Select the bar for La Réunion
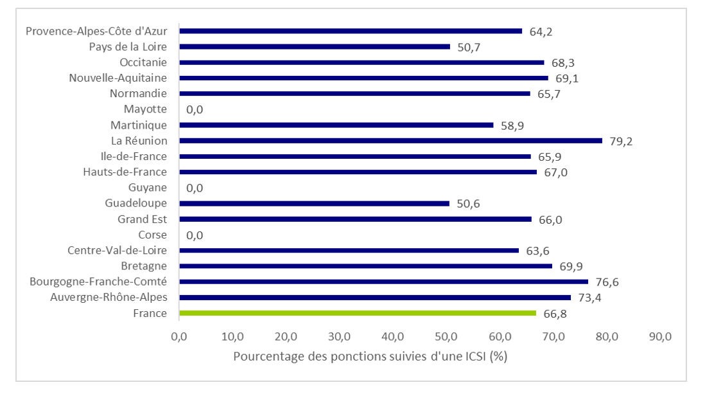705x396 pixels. (x=390, y=141)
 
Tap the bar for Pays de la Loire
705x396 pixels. (x=315, y=47)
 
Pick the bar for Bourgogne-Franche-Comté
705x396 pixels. (x=383, y=282)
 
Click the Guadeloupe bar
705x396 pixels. (x=314, y=203)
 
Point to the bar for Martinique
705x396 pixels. (x=336, y=125)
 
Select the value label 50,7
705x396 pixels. (x=469, y=47)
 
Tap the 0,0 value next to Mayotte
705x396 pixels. (x=195, y=110)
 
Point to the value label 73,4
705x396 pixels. (x=589, y=298)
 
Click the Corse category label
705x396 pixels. (x=152, y=235)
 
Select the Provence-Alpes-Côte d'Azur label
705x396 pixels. (x=97, y=31)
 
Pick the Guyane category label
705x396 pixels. (x=148, y=188)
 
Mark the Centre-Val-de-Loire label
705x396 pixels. (x=117, y=250)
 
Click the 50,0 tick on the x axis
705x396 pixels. (x=446, y=336)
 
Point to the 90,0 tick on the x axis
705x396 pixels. (x=660, y=336)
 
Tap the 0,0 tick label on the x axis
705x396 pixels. (x=178, y=336)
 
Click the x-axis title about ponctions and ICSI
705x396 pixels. (x=370, y=356)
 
